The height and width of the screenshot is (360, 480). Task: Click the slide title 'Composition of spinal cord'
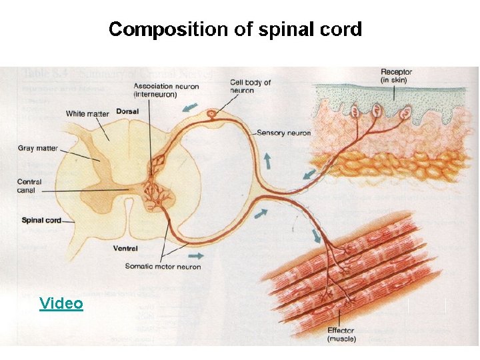pyautogui.click(x=235, y=30)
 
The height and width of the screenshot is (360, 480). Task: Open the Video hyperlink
pyautogui.click(x=61, y=304)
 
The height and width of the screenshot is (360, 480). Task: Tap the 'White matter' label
pyautogui.click(x=87, y=114)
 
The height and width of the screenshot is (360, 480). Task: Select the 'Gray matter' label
pyautogui.click(x=38, y=149)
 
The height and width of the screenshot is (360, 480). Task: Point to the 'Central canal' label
pyautogui.click(x=29, y=186)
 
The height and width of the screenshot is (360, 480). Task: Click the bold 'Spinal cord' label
pyautogui.click(x=42, y=220)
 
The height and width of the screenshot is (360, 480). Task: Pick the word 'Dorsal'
pyautogui.click(x=127, y=112)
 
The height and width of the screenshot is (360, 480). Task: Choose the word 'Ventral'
pyautogui.click(x=126, y=249)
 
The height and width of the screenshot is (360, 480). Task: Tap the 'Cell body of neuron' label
pyautogui.click(x=251, y=87)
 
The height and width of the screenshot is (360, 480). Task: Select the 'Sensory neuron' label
pyautogui.click(x=284, y=133)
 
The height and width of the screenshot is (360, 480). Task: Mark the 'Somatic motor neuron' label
pyautogui.click(x=163, y=267)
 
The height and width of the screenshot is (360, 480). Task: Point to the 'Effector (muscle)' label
pyautogui.click(x=341, y=335)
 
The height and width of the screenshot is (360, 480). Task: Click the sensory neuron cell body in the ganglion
pyautogui.click(x=212, y=115)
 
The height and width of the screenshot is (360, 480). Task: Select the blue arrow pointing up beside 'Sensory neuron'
pyautogui.click(x=267, y=161)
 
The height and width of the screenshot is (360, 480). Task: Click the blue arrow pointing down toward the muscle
pyautogui.click(x=315, y=235)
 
